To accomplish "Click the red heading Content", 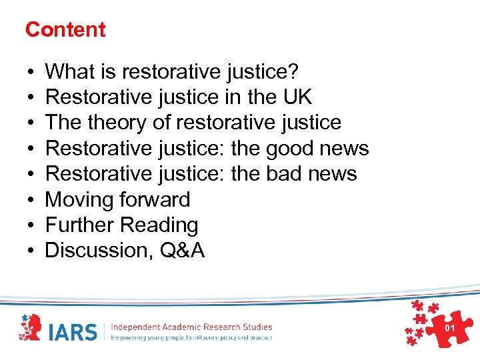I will (x=65, y=29).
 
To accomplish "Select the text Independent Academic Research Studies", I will (x=191, y=327).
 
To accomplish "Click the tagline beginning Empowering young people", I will (x=191, y=337).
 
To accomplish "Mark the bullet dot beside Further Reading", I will (x=31, y=226).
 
